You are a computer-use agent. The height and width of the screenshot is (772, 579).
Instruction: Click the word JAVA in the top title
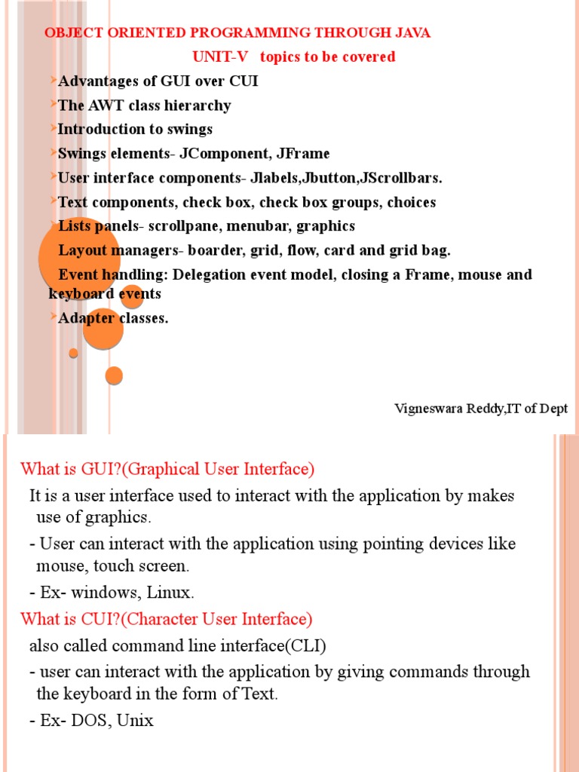coord(413,33)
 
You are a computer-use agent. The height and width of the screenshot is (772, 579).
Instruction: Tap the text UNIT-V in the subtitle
coord(219,57)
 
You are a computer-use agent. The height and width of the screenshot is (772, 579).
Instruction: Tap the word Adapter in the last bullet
coord(86,318)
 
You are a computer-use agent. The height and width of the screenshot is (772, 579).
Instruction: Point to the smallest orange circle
coord(73,353)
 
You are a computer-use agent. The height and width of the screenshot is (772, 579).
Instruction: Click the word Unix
coord(135,720)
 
